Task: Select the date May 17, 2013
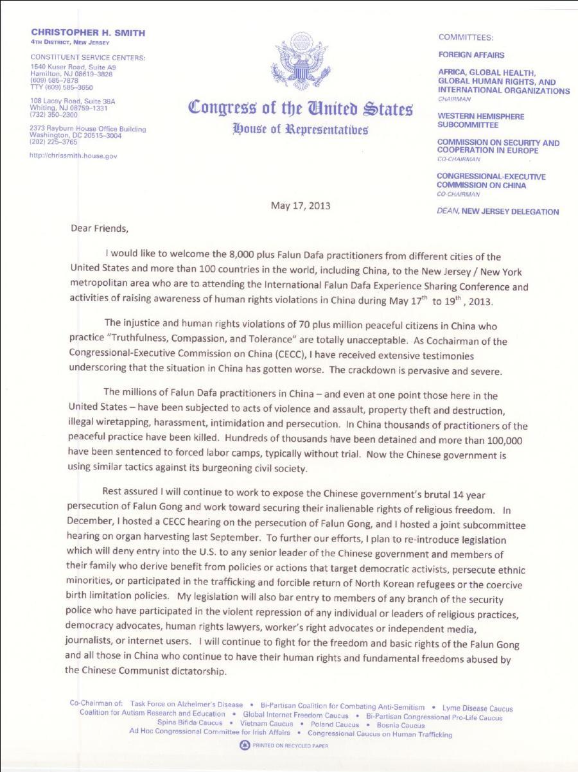tap(301, 206)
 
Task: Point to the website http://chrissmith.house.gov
tap(73, 155)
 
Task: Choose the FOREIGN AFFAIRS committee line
tap(471, 55)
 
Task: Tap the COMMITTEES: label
tap(466, 37)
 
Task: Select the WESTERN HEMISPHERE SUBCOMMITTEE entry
tap(480, 121)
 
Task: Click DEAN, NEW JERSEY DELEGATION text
tap(497, 211)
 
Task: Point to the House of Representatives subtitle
tap(301, 128)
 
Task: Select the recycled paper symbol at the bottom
tap(244, 745)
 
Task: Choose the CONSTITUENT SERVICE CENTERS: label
tap(88, 58)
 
